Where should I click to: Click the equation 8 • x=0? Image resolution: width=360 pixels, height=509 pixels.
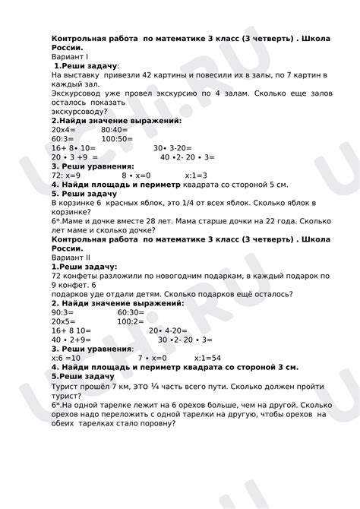(x=136, y=174)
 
